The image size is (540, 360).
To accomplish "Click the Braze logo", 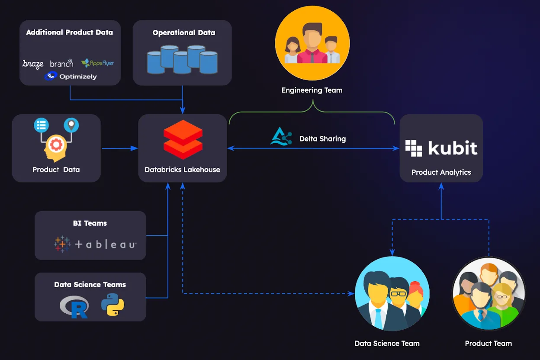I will click(x=33, y=64).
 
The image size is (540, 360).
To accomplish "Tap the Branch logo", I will click(x=62, y=63).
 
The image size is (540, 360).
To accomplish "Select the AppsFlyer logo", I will click(x=98, y=63).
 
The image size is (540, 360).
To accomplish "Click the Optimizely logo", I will click(x=70, y=77).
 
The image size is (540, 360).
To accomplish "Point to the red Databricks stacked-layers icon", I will click(x=183, y=139).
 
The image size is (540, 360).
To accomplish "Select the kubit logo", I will click(x=441, y=148).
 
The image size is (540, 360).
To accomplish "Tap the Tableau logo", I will click(x=95, y=244).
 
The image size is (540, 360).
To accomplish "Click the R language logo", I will click(x=74, y=306).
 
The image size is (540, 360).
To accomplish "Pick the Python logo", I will click(x=112, y=305).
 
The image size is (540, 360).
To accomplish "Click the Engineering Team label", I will click(x=312, y=90).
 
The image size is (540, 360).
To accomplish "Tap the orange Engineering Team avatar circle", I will click(x=312, y=43).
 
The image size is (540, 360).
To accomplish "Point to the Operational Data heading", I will click(x=183, y=32).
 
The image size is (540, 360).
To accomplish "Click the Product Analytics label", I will click(x=441, y=172).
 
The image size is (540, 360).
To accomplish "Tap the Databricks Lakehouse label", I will click(x=182, y=170).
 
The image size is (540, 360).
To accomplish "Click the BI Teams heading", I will click(x=90, y=223).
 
